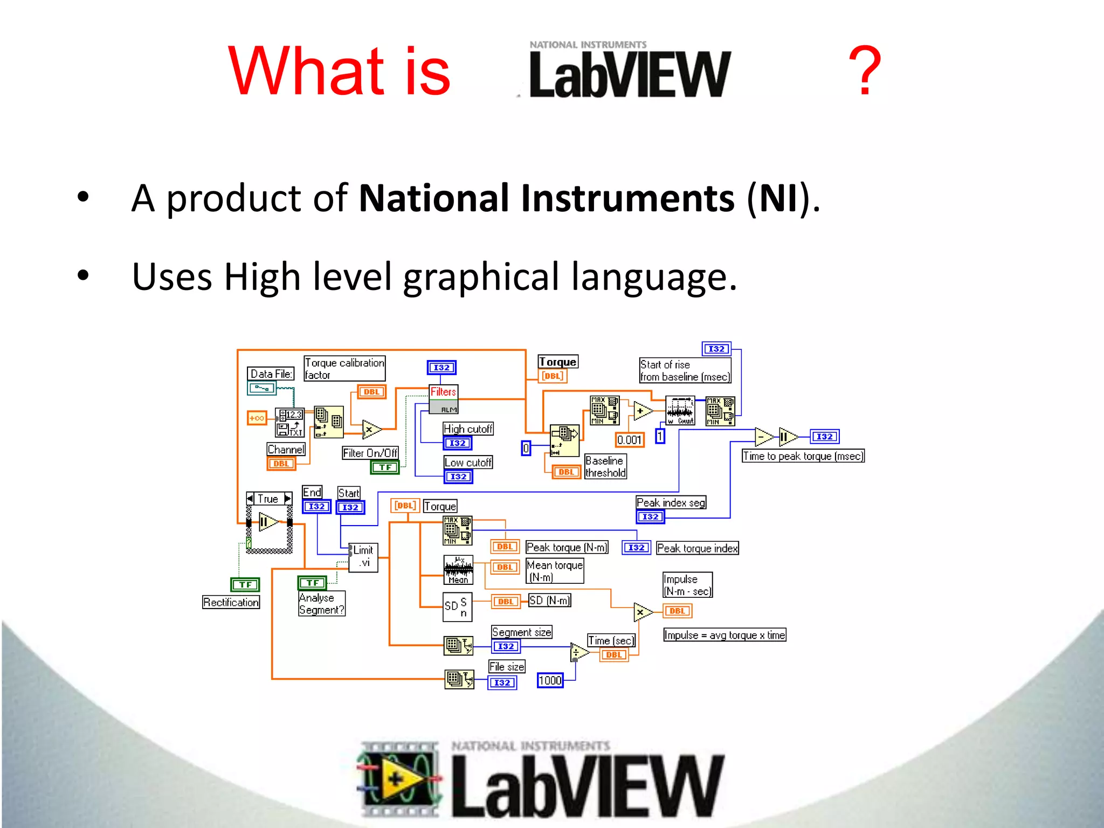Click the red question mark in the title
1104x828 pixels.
[x=865, y=71]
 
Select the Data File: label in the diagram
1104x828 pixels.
[x=271, y=374]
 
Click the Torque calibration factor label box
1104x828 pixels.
[x=344, y=369]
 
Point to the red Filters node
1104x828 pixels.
[x=443, y=392]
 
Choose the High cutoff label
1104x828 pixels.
[x=468, y=429]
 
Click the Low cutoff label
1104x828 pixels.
[x=468, y=463]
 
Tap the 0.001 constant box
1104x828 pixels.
[x=629, y=440]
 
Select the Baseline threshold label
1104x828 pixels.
[x=605, y=467]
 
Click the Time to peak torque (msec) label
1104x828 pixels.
[x=803, y=456]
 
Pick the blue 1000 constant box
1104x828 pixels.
[x=550, y=680]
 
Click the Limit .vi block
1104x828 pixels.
[x=363, y=557]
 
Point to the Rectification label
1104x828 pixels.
[x=231, y=602]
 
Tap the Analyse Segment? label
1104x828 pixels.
[x=321, y=604]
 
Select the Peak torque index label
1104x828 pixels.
[x=697, y=548]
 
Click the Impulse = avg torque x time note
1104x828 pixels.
[x=724, y=635]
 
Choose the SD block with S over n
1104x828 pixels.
[x=457, y=606]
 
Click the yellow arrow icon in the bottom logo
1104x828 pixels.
[x=396, y=778]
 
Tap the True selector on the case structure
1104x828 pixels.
[x=268, y=499]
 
